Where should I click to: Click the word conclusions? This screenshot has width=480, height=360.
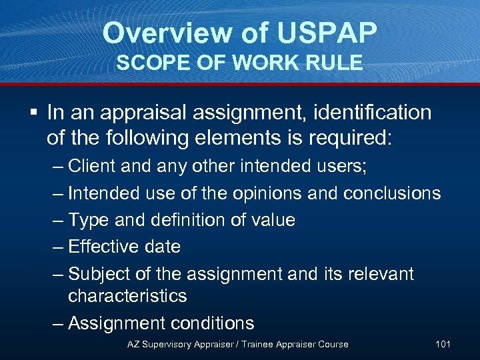(x=392, y=193)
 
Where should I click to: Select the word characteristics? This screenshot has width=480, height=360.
(x=127, y=295)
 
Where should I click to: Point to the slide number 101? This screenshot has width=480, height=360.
(x=443, y=344)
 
